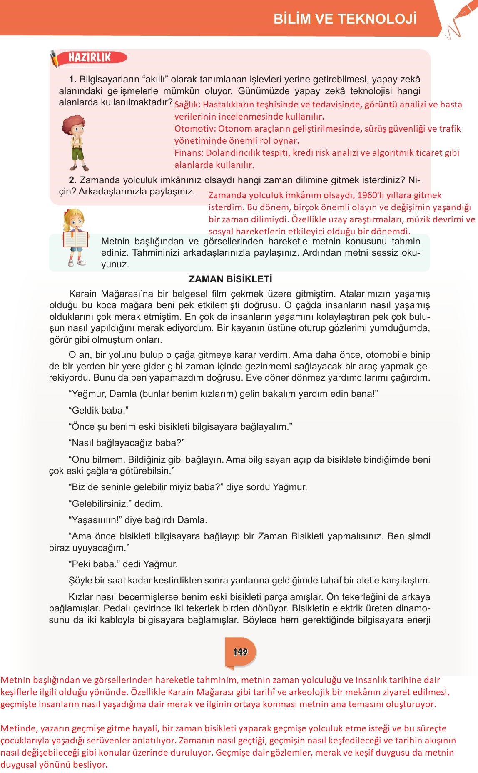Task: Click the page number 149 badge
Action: (x=240, y=652)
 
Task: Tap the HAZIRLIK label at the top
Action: (x=90, y=57)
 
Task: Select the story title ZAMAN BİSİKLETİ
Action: (x=230, y=279)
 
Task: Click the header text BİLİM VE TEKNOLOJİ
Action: (x=345, y=19)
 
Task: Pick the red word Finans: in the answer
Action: (x=189, y=153)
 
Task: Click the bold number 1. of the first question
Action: (x=73, y=80)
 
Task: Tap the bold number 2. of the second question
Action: (x=73, y=180)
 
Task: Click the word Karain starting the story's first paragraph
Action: (x=83, y=294)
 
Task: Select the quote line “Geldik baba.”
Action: (x=98, y=410)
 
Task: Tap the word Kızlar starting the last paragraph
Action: (x=81, y=597)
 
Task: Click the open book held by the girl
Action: (x=75, y=239)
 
